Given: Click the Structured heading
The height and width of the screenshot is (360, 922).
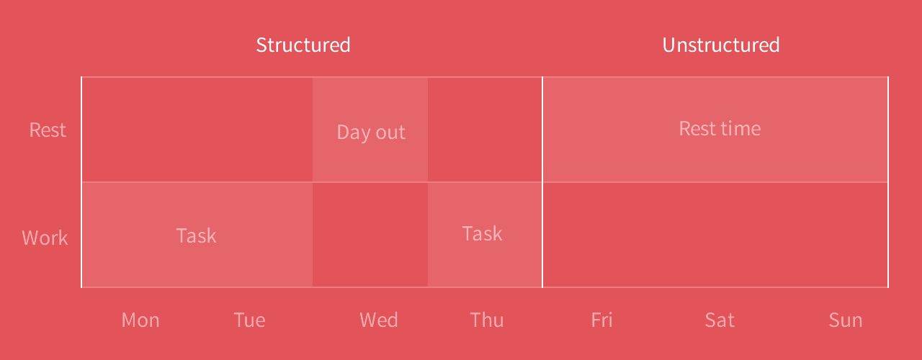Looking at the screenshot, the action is point(303,45).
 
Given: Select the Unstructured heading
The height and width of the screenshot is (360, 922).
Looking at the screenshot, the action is point(721,45).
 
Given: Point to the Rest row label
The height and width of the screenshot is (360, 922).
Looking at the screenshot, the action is point(48,130).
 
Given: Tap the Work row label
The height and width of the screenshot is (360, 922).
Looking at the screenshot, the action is point(45,238).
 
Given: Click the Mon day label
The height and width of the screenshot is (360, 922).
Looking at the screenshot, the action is point(140,320).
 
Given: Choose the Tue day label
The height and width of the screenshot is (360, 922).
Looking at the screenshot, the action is point(249,320).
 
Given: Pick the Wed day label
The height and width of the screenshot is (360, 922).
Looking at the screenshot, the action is point(379,320).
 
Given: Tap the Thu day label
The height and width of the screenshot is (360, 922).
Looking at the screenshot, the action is point(487,320).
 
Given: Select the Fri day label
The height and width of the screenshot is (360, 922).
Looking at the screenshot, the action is point(601,320).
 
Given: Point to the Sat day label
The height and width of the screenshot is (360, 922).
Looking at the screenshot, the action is point(720,320).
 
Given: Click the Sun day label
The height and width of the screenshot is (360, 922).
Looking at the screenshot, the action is point(846,320).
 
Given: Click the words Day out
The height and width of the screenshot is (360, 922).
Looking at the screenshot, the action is point(371,132).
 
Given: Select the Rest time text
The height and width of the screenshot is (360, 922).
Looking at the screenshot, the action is point(720,128).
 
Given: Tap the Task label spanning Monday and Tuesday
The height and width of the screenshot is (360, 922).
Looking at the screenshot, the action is point(197,235).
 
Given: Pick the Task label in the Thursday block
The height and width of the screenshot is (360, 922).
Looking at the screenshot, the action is point(483,234).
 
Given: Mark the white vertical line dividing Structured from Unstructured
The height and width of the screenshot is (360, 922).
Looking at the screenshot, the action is point(542,182).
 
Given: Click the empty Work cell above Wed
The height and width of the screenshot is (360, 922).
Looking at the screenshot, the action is point(370,235).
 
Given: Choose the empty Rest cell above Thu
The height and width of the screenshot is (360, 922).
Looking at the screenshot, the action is point(485,129).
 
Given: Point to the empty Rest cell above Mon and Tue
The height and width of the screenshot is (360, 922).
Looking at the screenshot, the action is point(197,129).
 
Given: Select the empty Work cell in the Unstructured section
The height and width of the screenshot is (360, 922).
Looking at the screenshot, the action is point(715,235).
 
